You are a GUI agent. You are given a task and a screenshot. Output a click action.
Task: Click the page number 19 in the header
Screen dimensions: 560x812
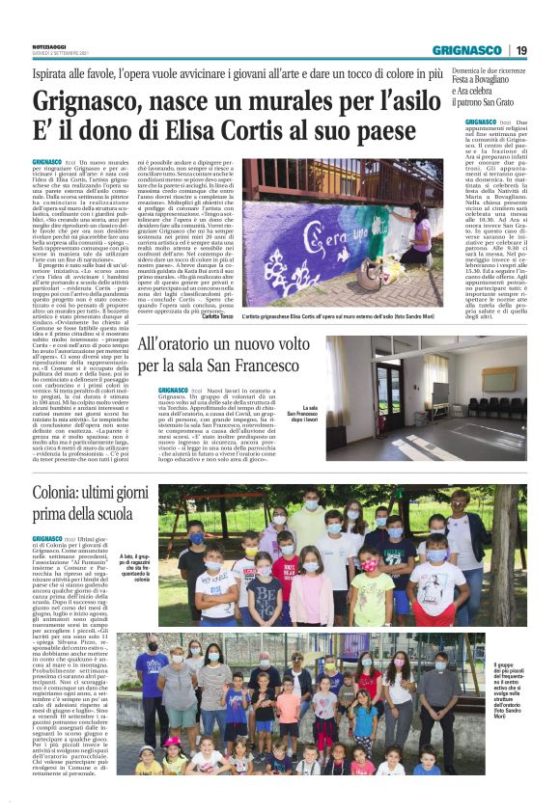521,50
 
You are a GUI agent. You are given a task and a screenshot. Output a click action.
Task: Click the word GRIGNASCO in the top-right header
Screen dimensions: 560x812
467,50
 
